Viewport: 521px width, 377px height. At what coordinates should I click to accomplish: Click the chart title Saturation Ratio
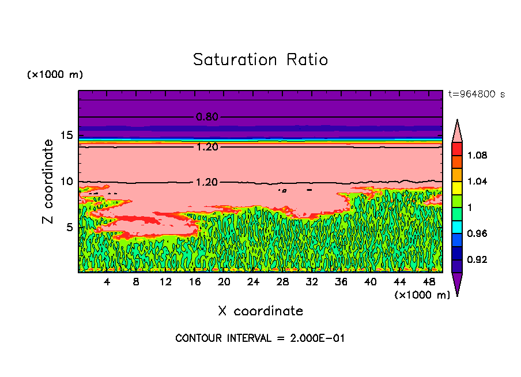[x=260, y=59]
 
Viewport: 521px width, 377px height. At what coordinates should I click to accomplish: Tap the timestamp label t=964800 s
[x=476, y=94]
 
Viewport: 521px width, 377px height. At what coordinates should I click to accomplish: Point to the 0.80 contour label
[x=207, y=117]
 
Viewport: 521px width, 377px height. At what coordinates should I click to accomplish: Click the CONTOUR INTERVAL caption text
[x=260, y=338]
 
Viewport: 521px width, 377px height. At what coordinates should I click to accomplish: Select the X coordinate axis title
[x=260, y=311]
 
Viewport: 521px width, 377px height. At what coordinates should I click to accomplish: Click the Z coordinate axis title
[x=48, y=181]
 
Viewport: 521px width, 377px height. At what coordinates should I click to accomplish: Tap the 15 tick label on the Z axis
[x=66, y=135]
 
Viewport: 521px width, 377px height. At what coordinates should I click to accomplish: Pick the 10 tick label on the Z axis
[x=66, y=182]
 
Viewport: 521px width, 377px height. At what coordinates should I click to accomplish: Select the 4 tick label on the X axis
[x=107, y=282]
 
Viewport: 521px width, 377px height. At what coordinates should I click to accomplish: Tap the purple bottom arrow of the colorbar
[x=457, y=284]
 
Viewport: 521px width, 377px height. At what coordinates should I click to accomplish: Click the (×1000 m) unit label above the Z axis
[x=55, y=75]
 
